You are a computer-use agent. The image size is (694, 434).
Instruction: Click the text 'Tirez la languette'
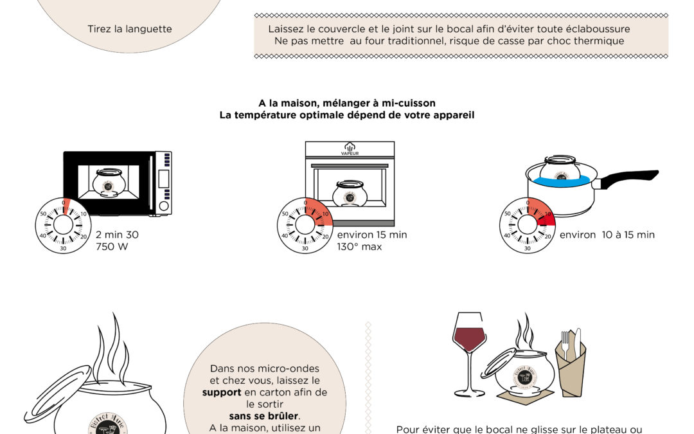coord(130,29)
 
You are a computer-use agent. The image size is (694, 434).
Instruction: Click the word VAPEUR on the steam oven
coord(350,154)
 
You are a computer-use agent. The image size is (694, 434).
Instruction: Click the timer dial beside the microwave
coord(63,225)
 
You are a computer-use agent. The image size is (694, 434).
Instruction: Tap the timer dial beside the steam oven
coord(305,225)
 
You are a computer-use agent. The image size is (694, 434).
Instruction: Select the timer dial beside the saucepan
coord(527,225)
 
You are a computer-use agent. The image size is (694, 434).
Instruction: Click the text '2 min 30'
coord(117,235)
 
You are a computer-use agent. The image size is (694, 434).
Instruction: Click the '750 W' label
coord(112,246)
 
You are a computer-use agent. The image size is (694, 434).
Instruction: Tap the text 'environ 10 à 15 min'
coord(607,235)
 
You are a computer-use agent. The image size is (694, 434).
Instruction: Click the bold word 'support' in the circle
coord(222,392)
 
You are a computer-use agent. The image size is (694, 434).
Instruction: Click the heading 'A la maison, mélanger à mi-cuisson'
coord(347,103)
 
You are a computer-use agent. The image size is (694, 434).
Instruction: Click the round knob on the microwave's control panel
coord(164,206)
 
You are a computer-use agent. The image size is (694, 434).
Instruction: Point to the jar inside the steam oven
coord(350,192)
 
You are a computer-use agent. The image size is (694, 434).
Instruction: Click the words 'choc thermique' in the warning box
coord(591,41)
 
